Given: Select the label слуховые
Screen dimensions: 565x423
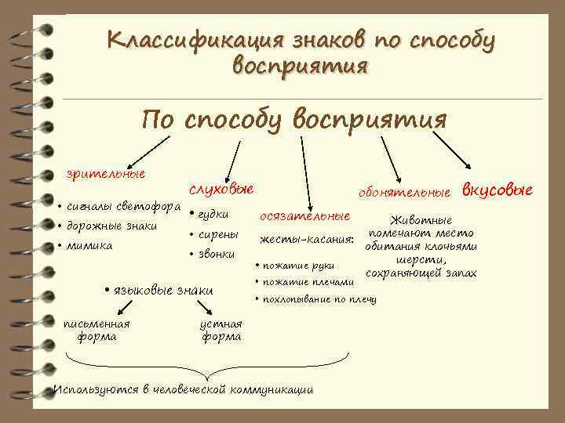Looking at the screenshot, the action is click(221, 190).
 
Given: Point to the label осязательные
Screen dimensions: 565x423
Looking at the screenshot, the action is click(304, 215).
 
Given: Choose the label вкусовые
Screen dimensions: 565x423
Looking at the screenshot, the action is click(497, 190).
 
